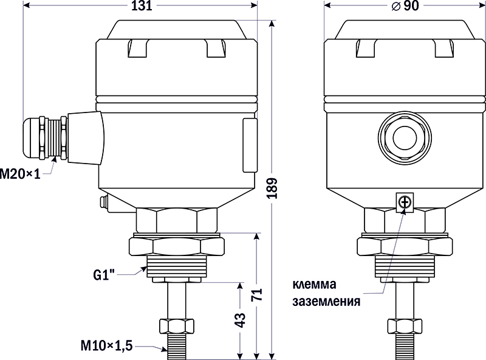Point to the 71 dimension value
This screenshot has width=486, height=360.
[257, 295]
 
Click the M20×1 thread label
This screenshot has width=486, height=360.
[20, 175]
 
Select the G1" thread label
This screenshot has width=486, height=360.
[104, 274]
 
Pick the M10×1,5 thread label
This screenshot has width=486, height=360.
[106, 345]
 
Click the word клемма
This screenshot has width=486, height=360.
[314, 285]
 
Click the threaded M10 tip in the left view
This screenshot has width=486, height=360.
[177, 344]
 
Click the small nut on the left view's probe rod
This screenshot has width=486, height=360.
[177, 325]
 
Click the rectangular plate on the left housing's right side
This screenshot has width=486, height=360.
[249, 146]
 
